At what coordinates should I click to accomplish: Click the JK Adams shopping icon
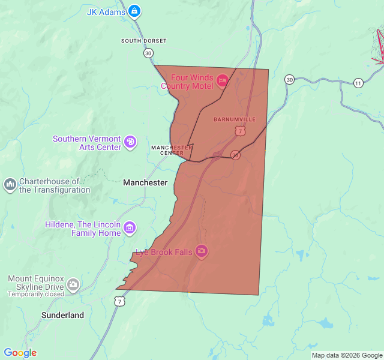[x=134, y=11]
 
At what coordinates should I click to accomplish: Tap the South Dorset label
[x=143, y=41]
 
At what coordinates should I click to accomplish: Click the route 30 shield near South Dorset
[x=148, y=53]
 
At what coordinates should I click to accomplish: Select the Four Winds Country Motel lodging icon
[x=222, y=80]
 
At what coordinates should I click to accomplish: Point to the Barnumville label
[x=235, y=119]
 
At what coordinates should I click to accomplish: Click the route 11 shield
[x=358, y=82]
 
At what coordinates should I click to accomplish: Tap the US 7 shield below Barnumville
[x=240, y=130]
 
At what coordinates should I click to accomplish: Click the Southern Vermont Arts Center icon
[x=130, y=142]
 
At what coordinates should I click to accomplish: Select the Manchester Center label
[x=172, y=149]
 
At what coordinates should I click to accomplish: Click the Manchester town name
[x=145, y=182]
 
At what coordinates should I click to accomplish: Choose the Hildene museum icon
[x=130, y=228]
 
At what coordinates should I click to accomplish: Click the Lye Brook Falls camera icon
[x=202, y=251]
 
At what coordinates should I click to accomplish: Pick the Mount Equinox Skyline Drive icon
[x=73, y=284]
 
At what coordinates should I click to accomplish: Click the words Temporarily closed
[x=36, y=294]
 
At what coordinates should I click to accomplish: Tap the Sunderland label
[x=62, y=315]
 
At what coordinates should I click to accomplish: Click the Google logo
[x=20, y=353]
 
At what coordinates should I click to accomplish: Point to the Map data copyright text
[x=346, y=355]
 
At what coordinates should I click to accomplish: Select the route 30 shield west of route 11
[x=290, y=79]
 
